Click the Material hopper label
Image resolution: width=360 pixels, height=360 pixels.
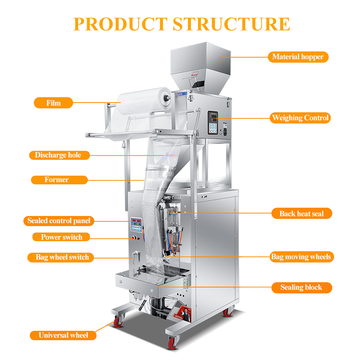coord(298,57)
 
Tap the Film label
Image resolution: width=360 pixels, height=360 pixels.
coord(53,103)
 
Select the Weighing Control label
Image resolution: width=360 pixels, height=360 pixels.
coord(300,118)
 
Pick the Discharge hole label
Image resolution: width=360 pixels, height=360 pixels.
coord(58,155)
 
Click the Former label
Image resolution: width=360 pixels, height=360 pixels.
coord(57,180)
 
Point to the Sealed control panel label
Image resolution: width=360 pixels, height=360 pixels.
coord(58,221)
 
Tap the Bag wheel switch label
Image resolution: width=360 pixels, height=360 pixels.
coord(62,257)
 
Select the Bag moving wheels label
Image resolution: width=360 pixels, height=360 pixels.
coord(301,257)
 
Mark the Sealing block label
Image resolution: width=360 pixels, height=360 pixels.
coord(301,287)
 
